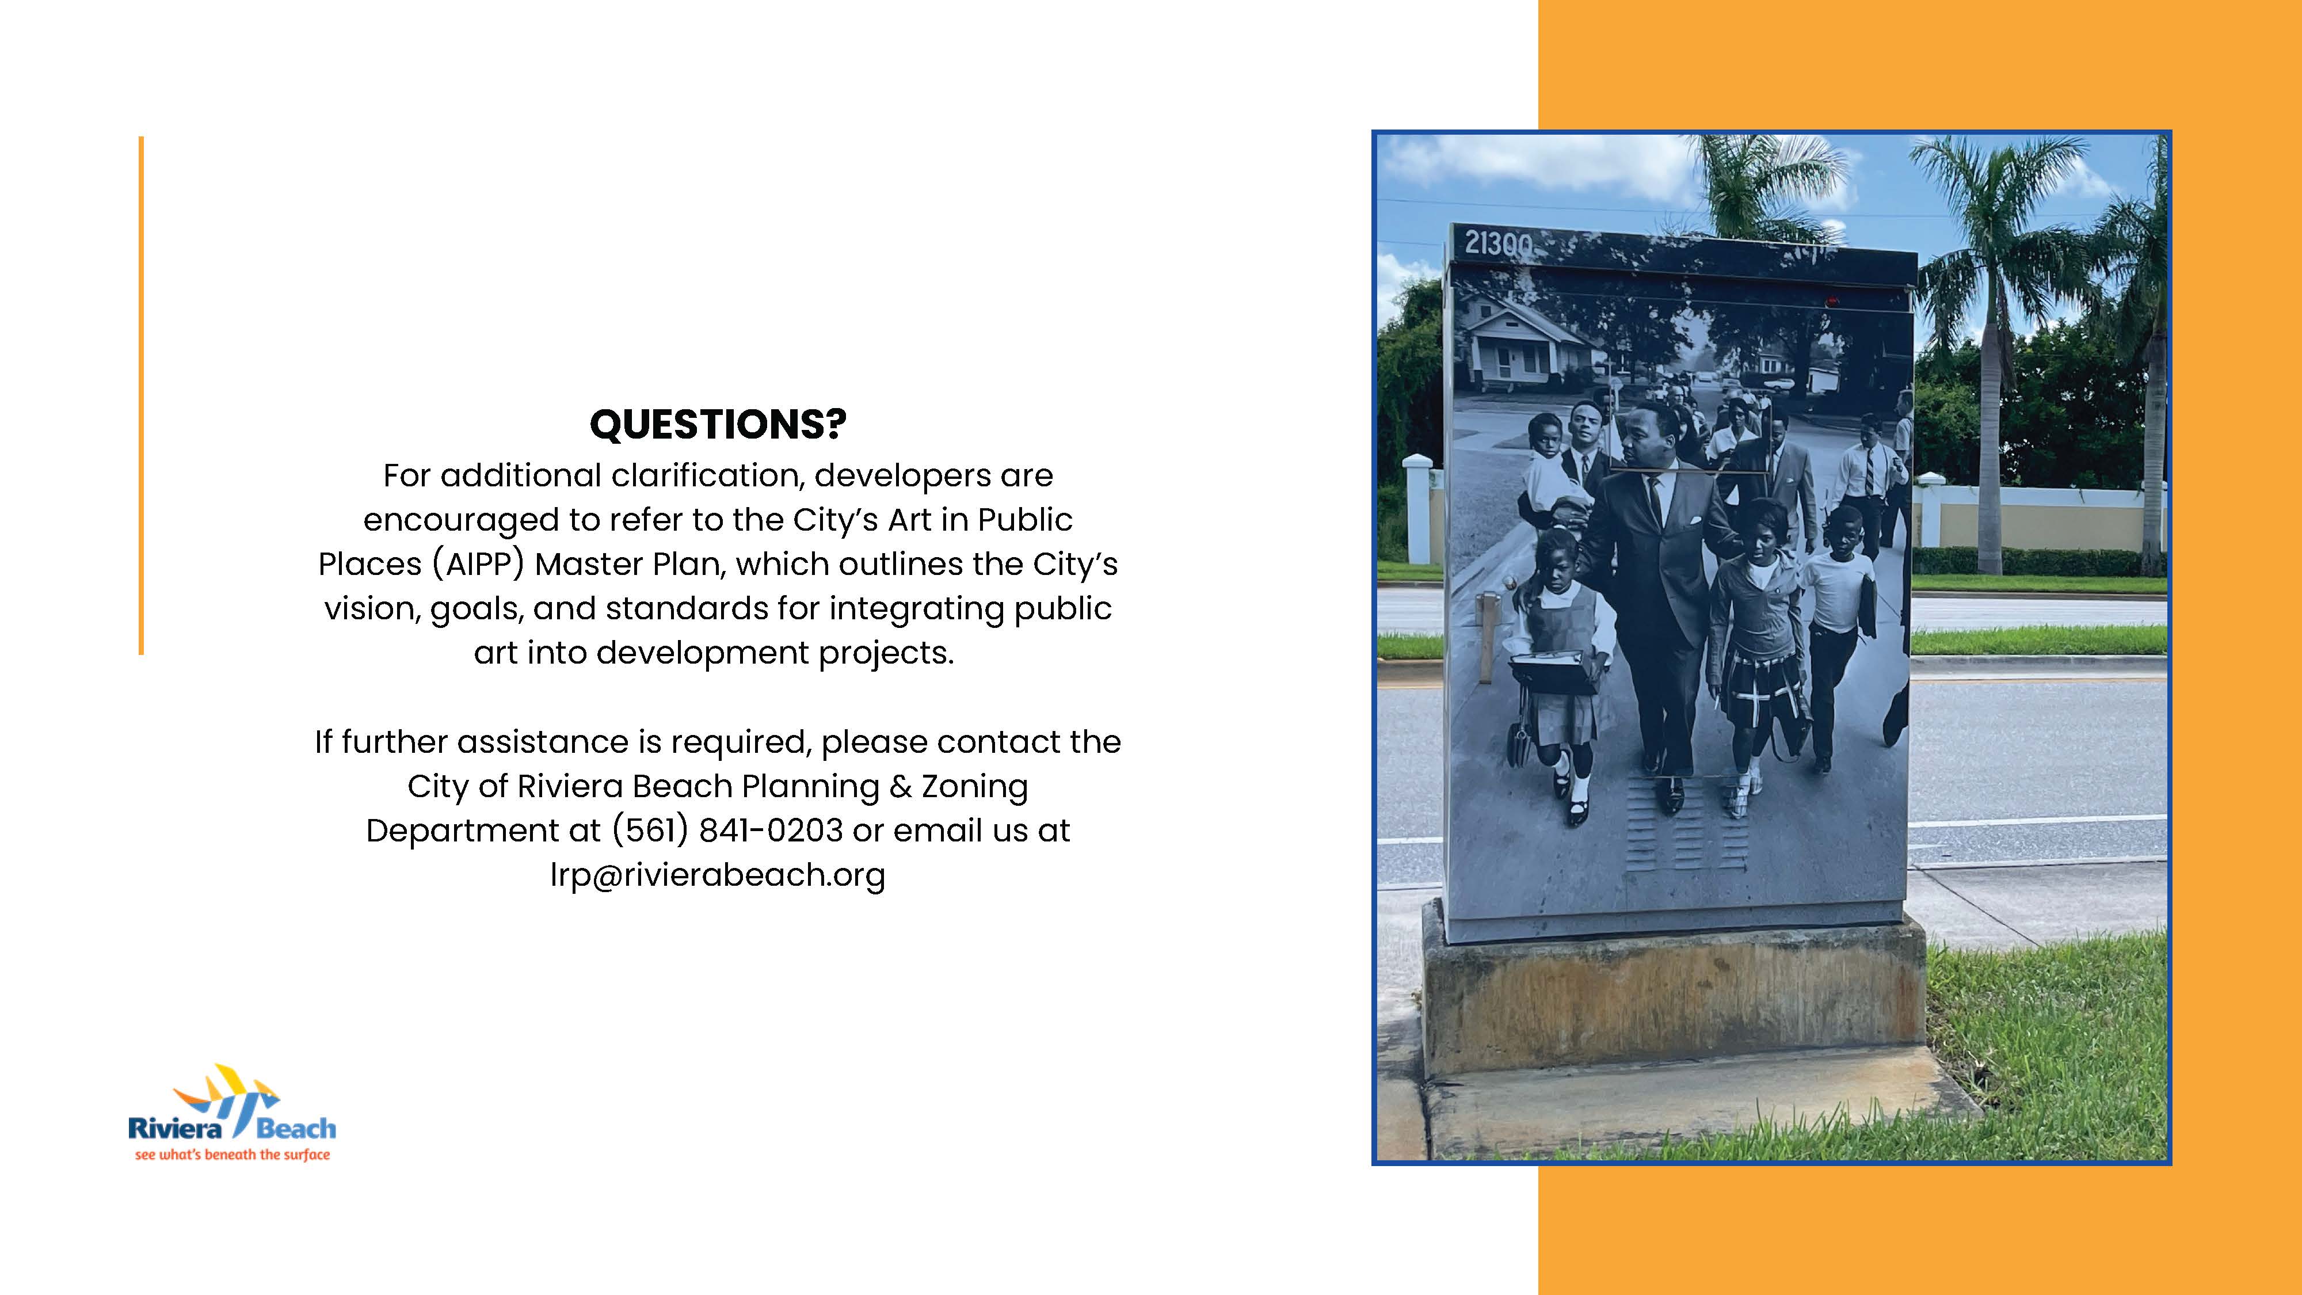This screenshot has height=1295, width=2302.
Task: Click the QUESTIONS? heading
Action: click(x=718, y=425)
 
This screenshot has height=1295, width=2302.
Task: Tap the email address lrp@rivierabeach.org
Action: click(x=718, y=875)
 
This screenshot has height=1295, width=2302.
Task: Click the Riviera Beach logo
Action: click(x=233, y=1113)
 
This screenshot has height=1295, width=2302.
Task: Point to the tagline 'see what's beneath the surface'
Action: click(x=233, y=1155)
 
